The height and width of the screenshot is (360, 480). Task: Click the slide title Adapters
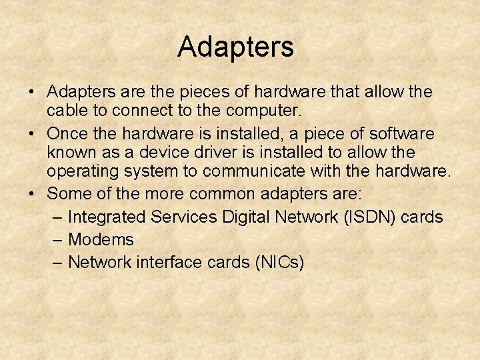pyautogui.click(x=235, y=47)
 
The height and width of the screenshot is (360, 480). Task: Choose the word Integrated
pyautogui.click(x=107, y=217)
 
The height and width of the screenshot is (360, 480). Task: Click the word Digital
pyautogui.click(x=256, y=217)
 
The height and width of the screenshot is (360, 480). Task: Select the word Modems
pyautogui.click(x=101, y=239)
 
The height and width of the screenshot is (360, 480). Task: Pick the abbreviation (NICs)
pyautogui.click(x=279, y=262)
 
